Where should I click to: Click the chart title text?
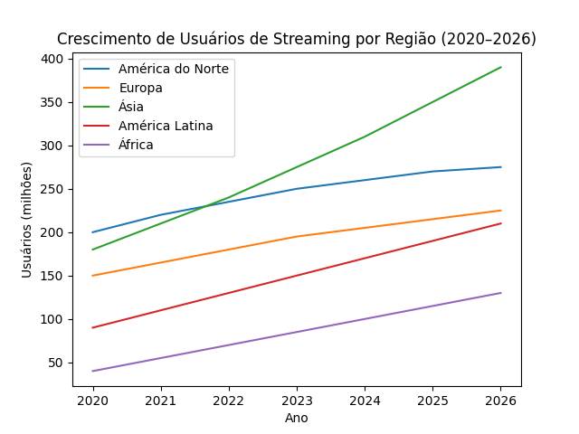pos(297,39)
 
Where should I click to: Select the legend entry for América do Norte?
pos(174,69)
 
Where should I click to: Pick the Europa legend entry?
pos(140,88)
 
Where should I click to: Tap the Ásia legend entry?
pos(131,107)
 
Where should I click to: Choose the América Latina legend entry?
pos(166,126)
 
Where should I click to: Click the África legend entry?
pos(136,145)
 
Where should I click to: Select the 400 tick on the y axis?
pos(53,59)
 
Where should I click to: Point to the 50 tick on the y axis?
pos(57,363)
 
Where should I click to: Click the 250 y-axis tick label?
pos(53,189)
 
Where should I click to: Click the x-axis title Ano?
pos(297,418)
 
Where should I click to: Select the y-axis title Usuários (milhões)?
pos(27,220)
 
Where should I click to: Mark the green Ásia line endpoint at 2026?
pos(501,67)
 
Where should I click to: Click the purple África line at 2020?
pos(93,371)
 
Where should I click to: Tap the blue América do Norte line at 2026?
pos(501,167)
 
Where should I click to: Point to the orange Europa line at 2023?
pos(297,237)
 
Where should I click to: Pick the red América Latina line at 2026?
pos(501,223)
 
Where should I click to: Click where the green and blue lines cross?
pos(208,205)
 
